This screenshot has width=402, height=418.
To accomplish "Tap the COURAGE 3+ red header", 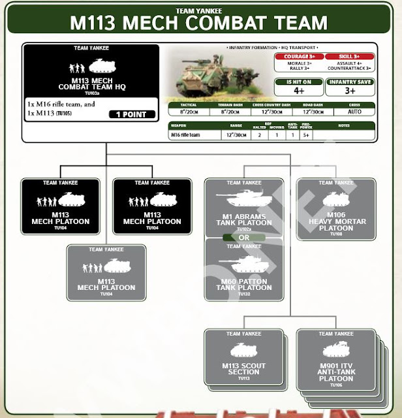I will click(295, 57).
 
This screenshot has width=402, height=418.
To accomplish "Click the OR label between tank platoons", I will click(244, 238).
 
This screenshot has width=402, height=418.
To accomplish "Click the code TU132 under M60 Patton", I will click(244, 294).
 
